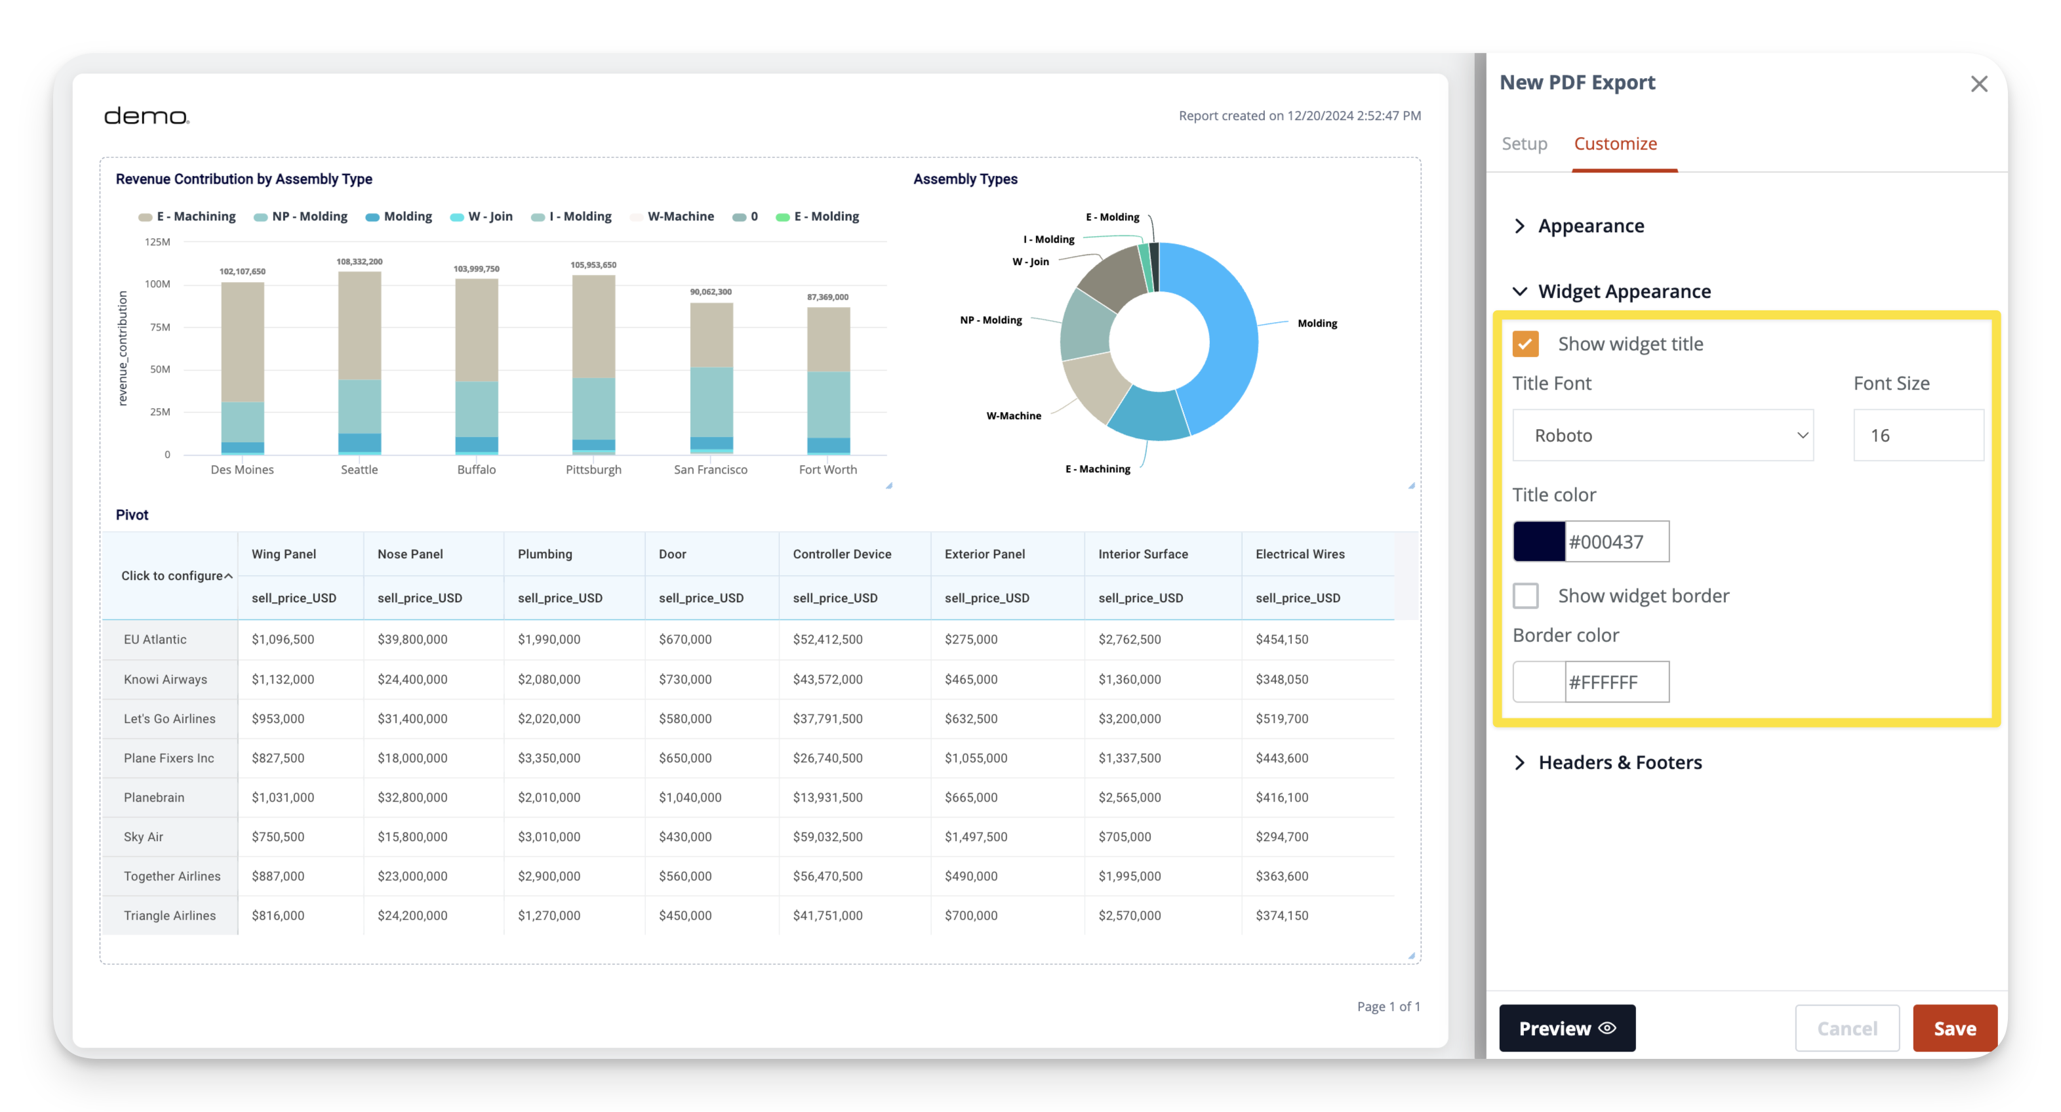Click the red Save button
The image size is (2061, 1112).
click(x=1954, y=1028)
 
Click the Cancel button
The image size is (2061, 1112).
click(x=1847, y=1028)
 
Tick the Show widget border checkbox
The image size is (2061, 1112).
click(x=1526, y=596)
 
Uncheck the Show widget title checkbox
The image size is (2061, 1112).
click(x=1526, y=344)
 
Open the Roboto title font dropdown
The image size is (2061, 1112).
click(x=1662, y=436)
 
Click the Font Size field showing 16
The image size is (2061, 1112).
click(x=1919, y=436)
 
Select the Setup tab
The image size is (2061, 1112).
click(x=1524, y=144)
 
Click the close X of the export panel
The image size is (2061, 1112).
click(x=1978, y=84)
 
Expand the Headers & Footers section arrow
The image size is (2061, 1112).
click(x=1520, y=762)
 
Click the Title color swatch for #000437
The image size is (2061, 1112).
click(x=1538, y=541)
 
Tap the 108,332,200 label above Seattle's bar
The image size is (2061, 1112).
click(x=359, y=262)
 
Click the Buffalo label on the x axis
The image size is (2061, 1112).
click(x=476, y=470)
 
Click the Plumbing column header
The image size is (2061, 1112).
click(x=545, y=554)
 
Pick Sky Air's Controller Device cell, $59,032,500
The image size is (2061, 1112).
click(x=828, y=836)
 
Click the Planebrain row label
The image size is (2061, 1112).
click(x=153, y=797)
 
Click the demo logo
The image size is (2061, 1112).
click(x=146, y=116)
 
